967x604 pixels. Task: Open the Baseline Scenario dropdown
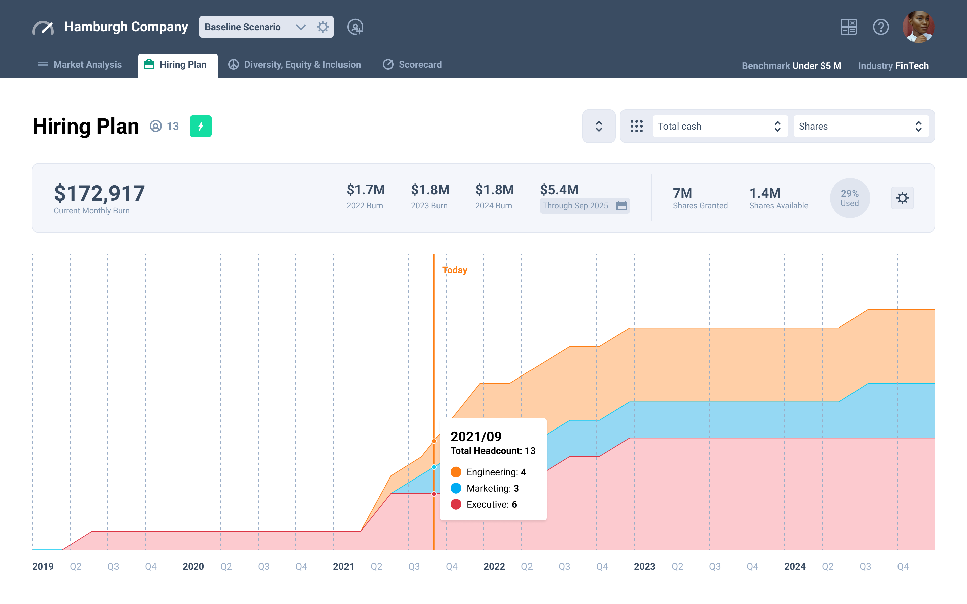255,27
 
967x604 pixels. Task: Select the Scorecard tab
412,65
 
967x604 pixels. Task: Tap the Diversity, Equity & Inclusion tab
294,65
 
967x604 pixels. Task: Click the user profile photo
918,27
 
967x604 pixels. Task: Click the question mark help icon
880,27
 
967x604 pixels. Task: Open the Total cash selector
720,126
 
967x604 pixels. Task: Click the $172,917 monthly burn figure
99,193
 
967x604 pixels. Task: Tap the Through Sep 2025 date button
584,206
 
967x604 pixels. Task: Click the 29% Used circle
849,198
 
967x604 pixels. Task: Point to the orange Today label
455,270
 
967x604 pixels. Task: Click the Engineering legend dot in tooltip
456,472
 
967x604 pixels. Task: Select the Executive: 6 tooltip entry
491,505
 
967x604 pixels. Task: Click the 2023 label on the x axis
644,566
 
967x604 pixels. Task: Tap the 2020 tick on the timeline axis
193,566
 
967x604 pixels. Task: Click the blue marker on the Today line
434,467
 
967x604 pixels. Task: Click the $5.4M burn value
559,190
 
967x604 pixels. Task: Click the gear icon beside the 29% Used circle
902,198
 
